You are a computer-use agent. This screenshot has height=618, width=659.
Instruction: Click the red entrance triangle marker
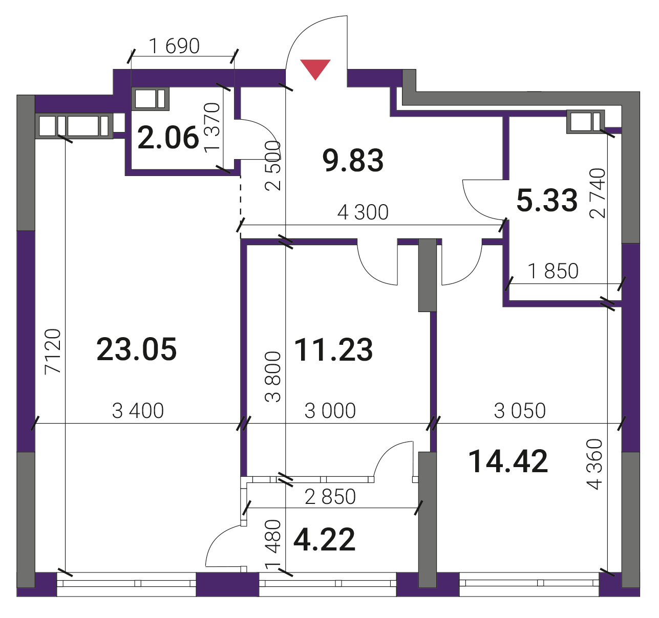tap(315, 69)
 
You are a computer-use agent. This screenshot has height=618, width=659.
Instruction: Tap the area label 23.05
tap(136, 349)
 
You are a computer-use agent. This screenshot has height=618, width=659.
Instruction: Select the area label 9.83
tap(353, 161)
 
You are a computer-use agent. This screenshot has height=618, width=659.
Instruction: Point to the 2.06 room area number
tap(168, 138)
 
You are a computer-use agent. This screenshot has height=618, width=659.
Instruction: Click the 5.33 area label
tap(547, 200)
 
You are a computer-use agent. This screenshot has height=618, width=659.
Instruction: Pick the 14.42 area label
tap(507, 461)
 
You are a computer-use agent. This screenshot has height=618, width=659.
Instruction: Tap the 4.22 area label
tap(325, 539)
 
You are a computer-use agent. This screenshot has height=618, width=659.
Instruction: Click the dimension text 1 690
tap(175, 46)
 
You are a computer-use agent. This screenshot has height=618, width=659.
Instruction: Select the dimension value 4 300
tap(363, 212)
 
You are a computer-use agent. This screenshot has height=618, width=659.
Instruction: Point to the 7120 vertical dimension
tap(53, 351)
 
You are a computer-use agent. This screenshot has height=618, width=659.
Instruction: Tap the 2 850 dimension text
tap(330, 496)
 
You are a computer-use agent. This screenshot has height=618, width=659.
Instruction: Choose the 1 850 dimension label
tap(553, 271)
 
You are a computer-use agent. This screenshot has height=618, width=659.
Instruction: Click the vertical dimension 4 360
tap(594, 465)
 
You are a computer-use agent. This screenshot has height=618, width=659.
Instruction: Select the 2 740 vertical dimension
tap(597, 193)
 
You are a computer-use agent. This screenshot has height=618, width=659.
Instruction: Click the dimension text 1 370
tap(212, 128)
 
